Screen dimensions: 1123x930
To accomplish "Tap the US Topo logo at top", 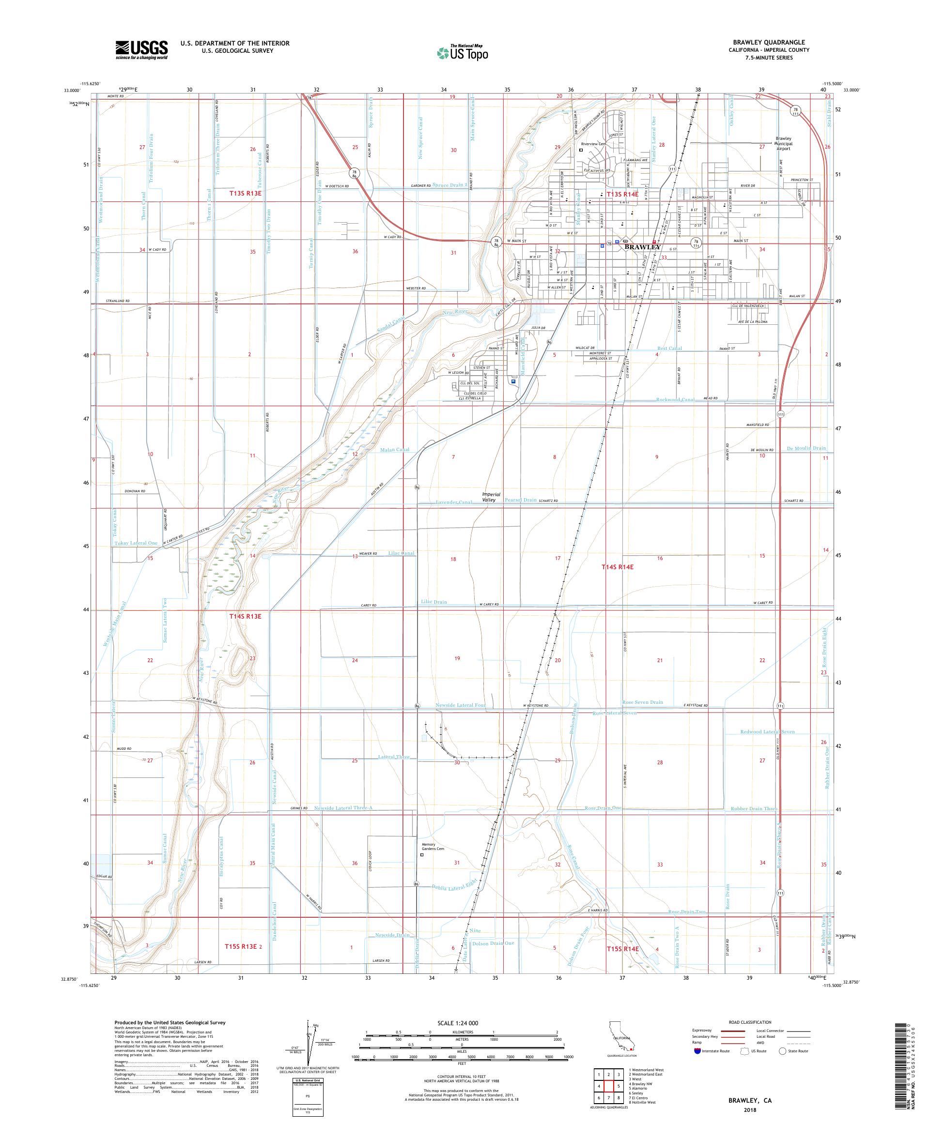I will click(x=463, y=52).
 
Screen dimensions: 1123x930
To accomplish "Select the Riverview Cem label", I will click(x=593, y=144).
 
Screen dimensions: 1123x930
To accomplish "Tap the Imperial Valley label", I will click(x=489, y=497).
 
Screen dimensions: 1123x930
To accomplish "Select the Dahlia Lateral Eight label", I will click(x=453, y=888).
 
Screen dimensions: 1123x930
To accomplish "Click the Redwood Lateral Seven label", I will click(x=767, y=731).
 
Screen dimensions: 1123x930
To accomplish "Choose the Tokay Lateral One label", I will click(x=136, y=543).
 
